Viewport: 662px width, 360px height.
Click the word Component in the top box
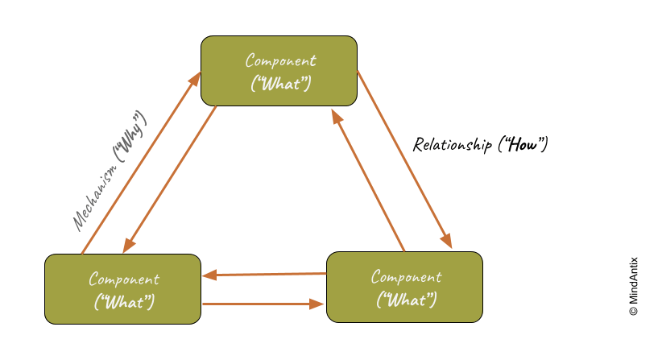click(x=280, y=60)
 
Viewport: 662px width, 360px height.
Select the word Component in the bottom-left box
click(x=124, y=279)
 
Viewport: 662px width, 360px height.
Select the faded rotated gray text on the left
click(x=109, y=171)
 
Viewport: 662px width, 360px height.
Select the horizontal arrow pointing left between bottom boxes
click(x=264, y=275)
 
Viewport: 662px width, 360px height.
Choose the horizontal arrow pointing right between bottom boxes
click(x=264, y=304)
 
